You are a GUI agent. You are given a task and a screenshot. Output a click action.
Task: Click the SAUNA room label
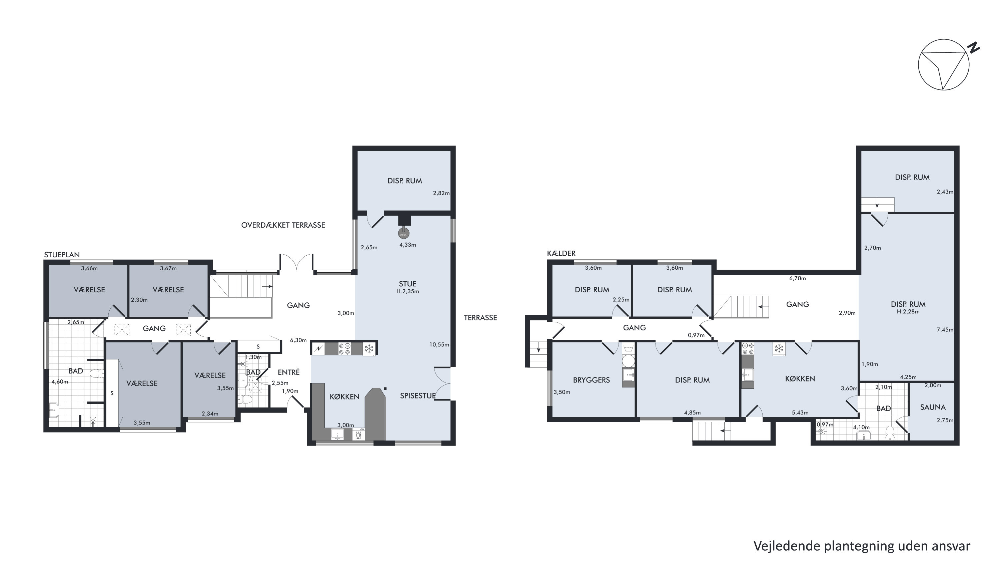tap(932, 407)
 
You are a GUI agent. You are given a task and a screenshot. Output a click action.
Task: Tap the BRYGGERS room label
tap(591, 380)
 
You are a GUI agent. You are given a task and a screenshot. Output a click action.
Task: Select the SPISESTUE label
tap(418, 396)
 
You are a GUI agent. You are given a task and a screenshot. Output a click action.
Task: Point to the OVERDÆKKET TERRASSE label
tap(283, 225)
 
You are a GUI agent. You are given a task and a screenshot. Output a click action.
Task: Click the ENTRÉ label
tap(288, 372)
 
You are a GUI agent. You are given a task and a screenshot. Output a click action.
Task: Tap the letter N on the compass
tap(973, 48)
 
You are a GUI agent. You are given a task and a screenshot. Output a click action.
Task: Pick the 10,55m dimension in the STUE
tap(439, 345)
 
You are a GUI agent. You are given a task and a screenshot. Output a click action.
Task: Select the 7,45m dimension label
tap(945, 330)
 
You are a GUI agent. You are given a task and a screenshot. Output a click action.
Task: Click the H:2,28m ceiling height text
tap(908, 311)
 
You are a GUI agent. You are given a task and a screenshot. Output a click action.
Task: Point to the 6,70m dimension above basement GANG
tap(797, 278)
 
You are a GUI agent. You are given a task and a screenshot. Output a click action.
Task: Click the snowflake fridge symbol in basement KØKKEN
tap(779, 348)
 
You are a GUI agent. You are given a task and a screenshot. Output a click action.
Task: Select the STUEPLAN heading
tap(62, 255)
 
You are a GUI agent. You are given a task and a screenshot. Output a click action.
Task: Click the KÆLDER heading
tap(561, 253)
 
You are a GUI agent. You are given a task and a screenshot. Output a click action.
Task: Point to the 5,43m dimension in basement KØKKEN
tap(800, 412)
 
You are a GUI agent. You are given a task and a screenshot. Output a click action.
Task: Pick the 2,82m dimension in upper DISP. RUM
tap(441, 193)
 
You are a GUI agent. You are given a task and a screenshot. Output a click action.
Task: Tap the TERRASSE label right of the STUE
tap(480, 318)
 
